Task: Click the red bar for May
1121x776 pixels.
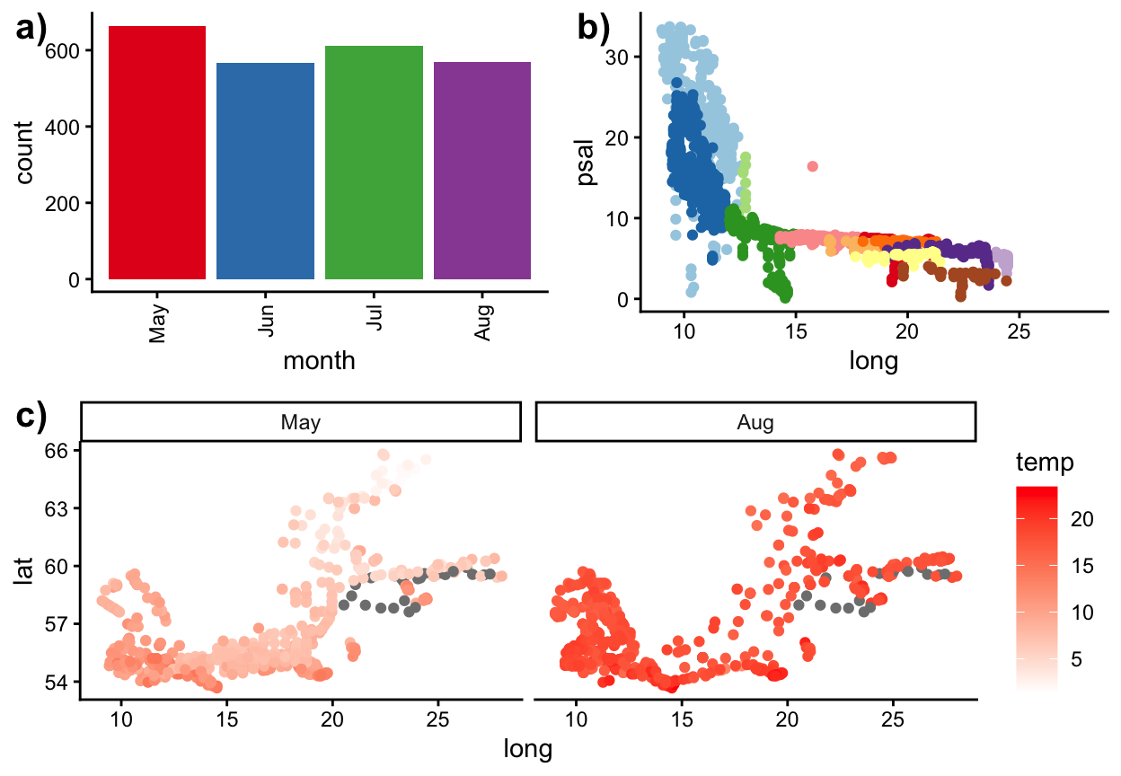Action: [x=157, y=153]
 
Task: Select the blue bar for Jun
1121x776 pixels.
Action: [x=265, y=171]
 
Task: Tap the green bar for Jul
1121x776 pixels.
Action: [x=374, y=163]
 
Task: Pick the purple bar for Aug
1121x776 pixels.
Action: [x=482, y=171]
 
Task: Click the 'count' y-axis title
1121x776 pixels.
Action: [x=24, y=153]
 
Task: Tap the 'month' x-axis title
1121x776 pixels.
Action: [x=319, y=361]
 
